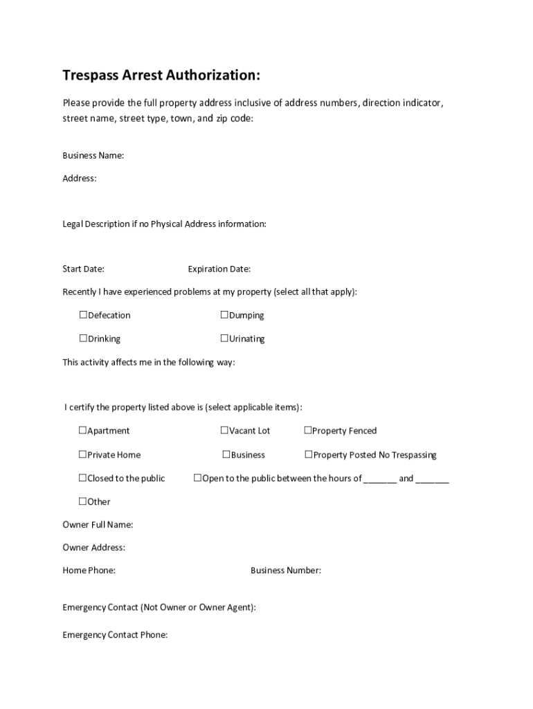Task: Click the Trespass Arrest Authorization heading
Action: point(161,75)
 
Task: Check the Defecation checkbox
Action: point(83,315)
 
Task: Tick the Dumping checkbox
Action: point(224,315)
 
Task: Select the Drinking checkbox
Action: point(83,339)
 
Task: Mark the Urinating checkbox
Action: point(224,339)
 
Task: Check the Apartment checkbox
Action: point(82,431)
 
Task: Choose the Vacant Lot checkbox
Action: point(224,431)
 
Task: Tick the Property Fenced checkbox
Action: point(308,431)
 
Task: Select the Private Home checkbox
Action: point(82,455)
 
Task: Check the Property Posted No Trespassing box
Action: point(309,455)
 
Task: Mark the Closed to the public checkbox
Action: point(82,478)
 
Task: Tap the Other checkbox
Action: point(82,501)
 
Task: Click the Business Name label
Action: point(93,156)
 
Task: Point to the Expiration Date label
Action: point(219,269)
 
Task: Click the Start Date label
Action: point(84,269)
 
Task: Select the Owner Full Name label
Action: point(98,525)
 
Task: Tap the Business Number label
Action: point(286,571)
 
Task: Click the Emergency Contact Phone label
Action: point(115,635)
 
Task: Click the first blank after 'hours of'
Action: point(380,479)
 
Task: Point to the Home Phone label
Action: point(89,571)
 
